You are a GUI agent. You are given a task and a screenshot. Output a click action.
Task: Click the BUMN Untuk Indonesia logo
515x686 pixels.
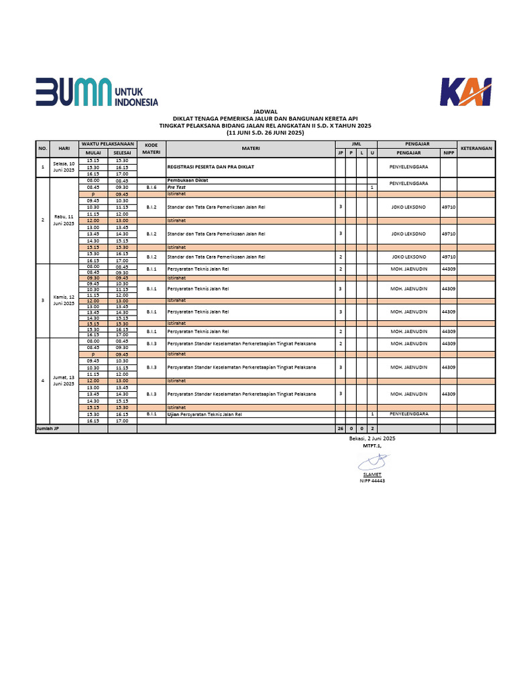(x=97, y=92)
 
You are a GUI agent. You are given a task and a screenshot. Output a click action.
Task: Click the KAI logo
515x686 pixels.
(x=465, y=92)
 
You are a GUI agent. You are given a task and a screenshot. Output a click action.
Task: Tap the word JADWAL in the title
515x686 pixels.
(x=265, y=112)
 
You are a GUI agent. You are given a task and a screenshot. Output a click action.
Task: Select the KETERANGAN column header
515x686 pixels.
(x=476, y=148)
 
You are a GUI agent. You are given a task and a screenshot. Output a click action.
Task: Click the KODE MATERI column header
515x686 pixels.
(x=151, y=148)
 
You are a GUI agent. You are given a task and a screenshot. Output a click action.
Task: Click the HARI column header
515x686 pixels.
(x=64, y=148)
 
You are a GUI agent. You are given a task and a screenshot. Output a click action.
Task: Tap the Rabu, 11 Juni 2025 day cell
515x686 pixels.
(x=64, y=220)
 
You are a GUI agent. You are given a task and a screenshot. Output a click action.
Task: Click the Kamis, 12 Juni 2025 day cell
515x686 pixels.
(x=64, y=301)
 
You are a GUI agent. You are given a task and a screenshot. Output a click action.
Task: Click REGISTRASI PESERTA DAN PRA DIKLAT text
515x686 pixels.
(x=211, y=167)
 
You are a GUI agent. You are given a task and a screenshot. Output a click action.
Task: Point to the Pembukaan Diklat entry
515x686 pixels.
(x=184, y=181)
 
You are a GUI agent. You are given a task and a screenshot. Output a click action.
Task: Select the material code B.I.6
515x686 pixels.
(x=151, y=188)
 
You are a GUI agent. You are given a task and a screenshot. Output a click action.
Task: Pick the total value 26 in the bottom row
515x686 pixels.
(x=341, y=428)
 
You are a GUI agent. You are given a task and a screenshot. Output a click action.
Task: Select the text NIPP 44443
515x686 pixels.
(x=372, y=480)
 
